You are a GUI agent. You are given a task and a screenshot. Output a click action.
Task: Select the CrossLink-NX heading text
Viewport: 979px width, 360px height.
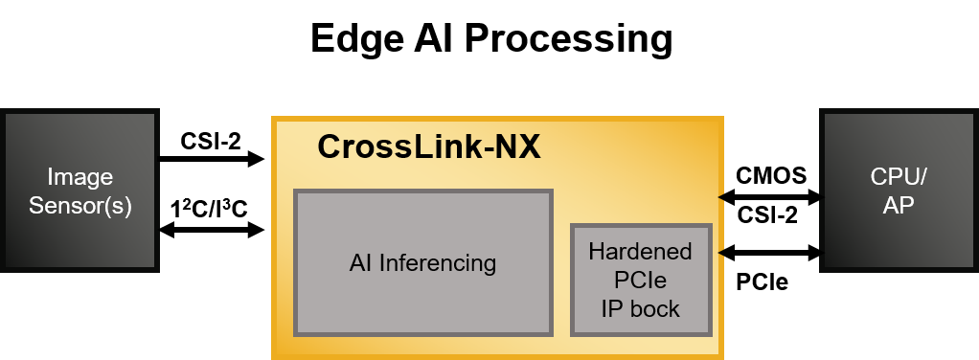pos(428,147)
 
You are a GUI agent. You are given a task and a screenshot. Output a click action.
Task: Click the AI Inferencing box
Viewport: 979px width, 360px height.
pos(422,262)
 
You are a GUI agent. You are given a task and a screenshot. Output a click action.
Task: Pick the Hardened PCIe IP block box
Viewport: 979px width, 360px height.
pos(641,281)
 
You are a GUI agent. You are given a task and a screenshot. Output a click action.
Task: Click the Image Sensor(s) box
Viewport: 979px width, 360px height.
pos(80,191)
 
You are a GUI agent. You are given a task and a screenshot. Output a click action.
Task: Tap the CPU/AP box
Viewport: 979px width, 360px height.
pos(899,191)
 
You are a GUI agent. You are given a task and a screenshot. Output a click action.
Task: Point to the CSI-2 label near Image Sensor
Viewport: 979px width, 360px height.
pos(211,142)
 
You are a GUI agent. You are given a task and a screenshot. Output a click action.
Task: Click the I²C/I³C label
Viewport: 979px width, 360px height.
pos(210,210)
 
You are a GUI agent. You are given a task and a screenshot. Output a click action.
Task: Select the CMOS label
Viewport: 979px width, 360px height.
pos(771,176)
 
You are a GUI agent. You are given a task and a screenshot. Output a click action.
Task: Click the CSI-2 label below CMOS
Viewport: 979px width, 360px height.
pos(767,215)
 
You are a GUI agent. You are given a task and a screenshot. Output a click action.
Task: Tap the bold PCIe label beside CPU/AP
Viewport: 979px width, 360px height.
pos(762,282)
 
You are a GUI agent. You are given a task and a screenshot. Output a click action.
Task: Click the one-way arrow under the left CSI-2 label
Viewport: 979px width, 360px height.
pos(213,160)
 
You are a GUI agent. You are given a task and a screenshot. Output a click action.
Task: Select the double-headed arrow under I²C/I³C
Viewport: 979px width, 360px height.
pos(213,230)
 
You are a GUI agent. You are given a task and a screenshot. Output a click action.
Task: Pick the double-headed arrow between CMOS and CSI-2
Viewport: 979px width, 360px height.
pos(772,198)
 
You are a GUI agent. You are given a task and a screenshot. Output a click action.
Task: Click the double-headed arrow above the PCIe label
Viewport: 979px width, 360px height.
pos(772,253)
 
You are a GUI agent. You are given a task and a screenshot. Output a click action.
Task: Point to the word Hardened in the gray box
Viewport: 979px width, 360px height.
pos(640,252)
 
